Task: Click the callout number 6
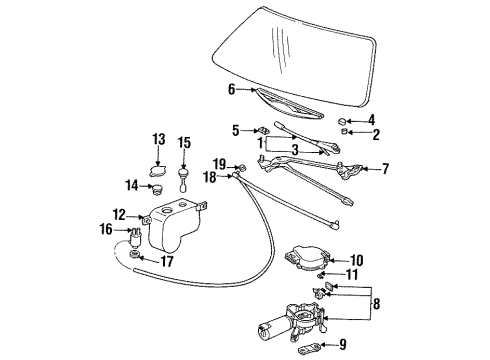(231, 89)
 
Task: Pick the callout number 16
(108, 230)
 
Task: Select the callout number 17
(168, 263)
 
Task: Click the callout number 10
(356, 260)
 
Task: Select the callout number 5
(236, 129)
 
